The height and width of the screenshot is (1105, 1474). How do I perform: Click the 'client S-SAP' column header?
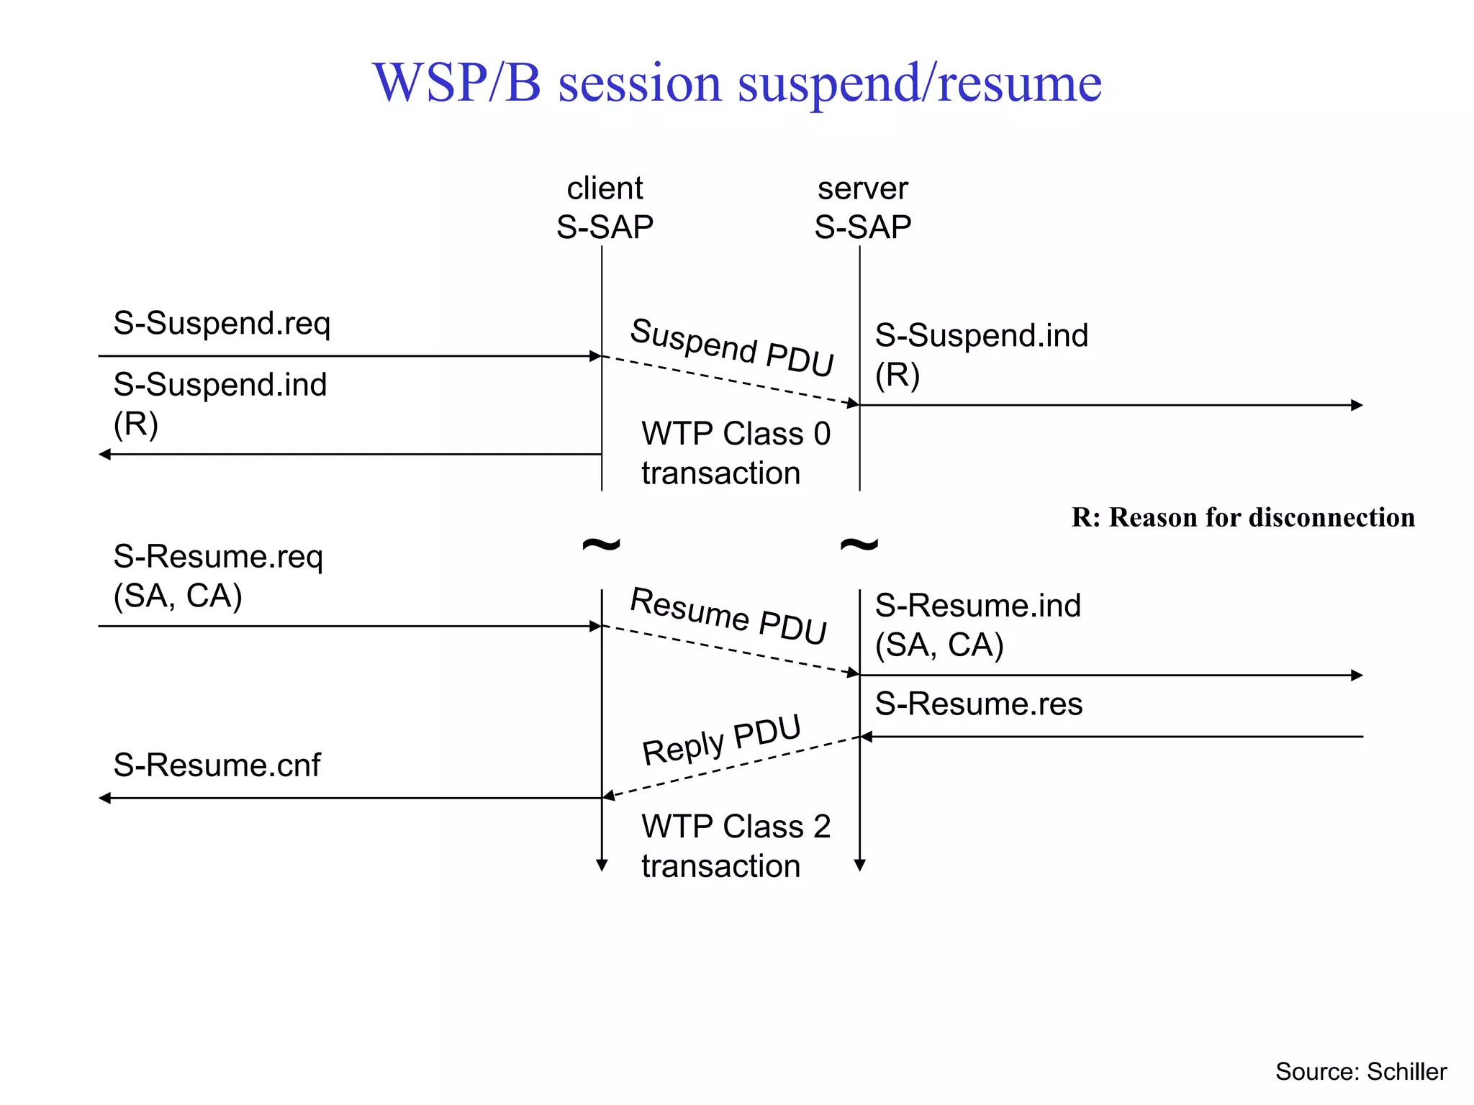tap(605, 208)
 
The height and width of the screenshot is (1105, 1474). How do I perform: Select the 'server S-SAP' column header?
tap(862, 208)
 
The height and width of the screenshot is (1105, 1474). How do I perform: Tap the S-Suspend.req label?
tap(222, 323)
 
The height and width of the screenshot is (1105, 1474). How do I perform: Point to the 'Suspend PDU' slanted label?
tap(731, 347)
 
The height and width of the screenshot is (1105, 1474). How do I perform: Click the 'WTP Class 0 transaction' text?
tap(736, 453)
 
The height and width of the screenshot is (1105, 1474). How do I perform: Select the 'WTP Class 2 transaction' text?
tap(736, 846)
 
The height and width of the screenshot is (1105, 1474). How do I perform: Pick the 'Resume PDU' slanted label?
tap(728, 615)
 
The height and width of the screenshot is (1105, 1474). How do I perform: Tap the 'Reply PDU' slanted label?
tap(721, 740)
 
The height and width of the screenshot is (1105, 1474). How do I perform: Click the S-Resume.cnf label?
tap(217, 765)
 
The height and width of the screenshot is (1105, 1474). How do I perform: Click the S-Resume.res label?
tap(978, 704)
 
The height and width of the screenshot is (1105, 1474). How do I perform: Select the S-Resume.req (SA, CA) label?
tap(218, 576)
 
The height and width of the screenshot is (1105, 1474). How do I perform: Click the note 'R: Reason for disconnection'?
tap(1242, 517)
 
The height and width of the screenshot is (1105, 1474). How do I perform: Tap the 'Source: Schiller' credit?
tap(1360, 1071)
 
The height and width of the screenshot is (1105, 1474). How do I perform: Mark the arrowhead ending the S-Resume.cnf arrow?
tap(105, 798)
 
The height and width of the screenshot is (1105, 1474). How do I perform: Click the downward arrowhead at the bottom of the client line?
tap(602, 865)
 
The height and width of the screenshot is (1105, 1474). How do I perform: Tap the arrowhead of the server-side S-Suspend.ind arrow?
tap(1357, 405)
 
